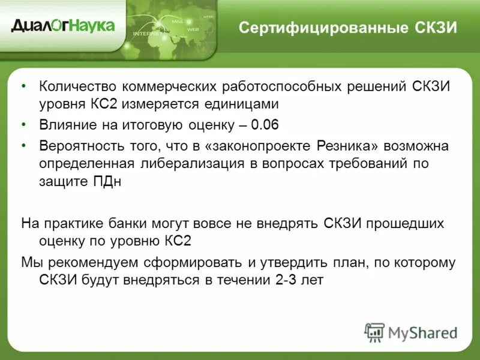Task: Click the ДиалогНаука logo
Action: click(x=62, y=26)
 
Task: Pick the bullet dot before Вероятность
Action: click(x=23, y=146)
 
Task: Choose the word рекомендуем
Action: click(x=94, y=262)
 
